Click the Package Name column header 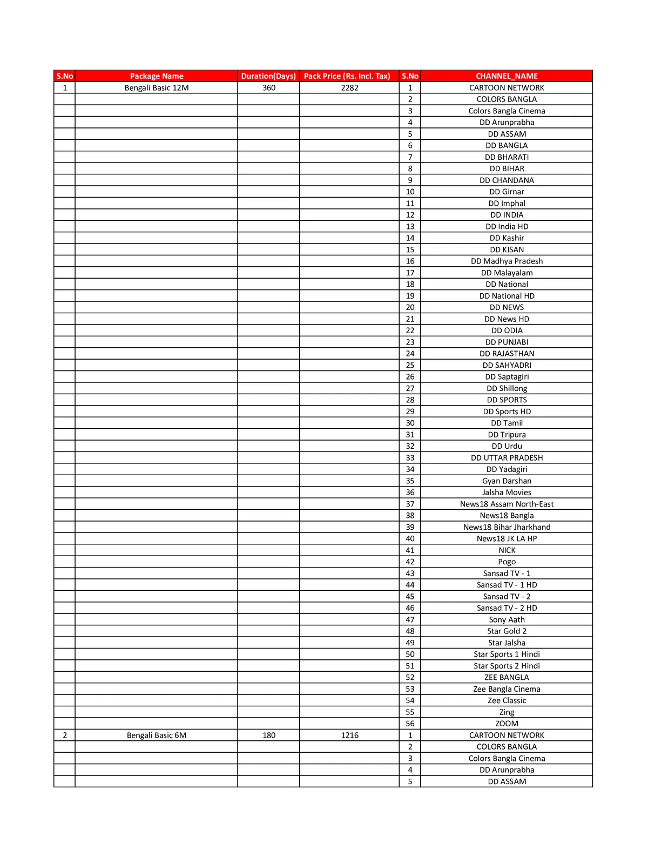[157, 76]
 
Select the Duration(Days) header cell [268, 76]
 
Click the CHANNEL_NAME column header [507, 76]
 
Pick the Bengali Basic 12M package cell [157, 87]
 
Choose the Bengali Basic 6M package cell [157, 735]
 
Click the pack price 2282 [349, 87]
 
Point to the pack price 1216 [349, 735]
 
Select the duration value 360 [269, 87]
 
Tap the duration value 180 [269, 735]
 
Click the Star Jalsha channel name [507, 643]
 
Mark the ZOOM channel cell [507, 724]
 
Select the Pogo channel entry [507, 562]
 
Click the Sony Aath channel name [507, 619]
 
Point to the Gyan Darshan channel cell [507, 481]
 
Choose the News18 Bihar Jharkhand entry [507, 527]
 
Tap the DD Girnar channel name [507, 192]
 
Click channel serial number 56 [410, 724]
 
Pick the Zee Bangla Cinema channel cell [507, 689]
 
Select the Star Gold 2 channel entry [507, 631]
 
